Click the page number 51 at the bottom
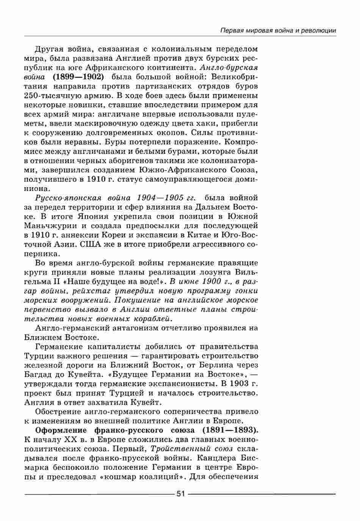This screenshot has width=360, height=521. tap(180, 494)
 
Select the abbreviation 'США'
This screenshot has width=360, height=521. tap(91, 244)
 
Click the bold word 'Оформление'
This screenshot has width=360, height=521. tap(61, 430)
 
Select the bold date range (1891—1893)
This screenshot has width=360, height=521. tap(230, 430)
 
